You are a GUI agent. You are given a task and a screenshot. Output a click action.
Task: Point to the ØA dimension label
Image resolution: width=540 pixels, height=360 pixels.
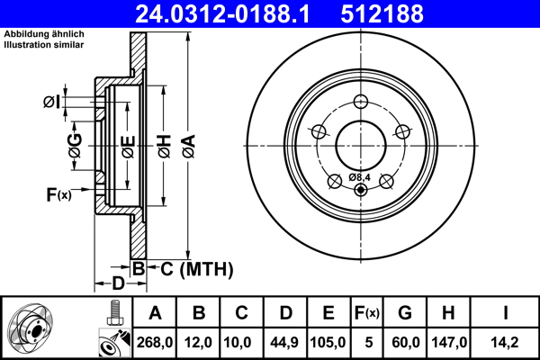click(x=187, y=144)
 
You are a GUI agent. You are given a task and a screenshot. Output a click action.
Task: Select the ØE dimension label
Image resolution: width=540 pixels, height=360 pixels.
click(x=129, y=144)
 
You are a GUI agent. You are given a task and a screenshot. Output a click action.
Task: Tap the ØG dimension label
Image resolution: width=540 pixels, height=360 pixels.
click(x=75, y=144)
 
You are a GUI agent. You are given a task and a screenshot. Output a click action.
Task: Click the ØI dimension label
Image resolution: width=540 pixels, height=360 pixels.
click(x=50, y=102)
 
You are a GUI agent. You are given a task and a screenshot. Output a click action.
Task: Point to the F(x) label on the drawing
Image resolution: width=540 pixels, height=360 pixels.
click(x=58, y=193)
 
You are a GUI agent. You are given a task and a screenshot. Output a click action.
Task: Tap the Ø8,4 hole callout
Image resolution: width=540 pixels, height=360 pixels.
click(x=360, y=177)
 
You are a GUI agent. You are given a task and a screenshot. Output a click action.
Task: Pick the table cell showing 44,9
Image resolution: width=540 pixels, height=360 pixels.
click(x=286, y=342)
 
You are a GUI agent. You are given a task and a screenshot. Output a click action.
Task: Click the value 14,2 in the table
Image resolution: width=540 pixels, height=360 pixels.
click(x=507, y=342)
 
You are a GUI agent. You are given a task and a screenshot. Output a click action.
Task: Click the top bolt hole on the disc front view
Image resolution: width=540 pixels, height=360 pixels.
click(x=360, y=101)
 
